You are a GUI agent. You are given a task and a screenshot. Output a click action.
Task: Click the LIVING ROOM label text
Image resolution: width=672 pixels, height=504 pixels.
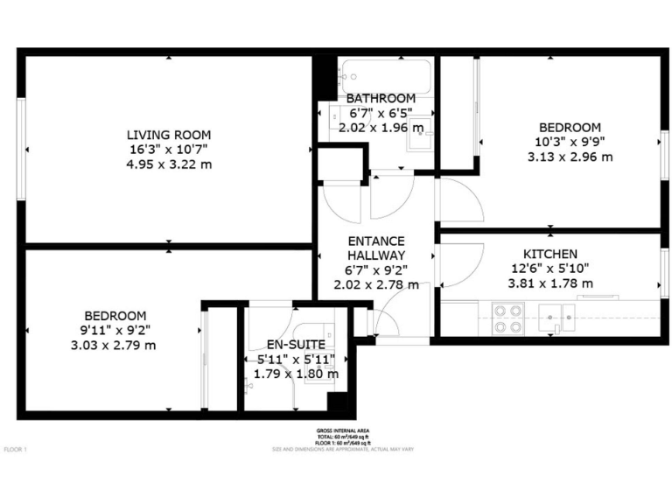pyautogui.click(x=168, y=135)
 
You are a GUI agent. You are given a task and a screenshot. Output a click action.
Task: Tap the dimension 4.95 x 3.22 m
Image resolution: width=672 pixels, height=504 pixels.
pyautogui.click(x=168, y=163)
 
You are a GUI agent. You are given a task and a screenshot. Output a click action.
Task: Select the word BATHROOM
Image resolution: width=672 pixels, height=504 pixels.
pyautogui.click(x=380, y=98)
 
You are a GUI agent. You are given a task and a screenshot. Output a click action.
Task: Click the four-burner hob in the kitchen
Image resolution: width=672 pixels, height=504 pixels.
pyautogui.click(x=507, y=318)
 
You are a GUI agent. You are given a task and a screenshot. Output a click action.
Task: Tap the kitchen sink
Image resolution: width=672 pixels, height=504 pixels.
pyautogui.click(x=556, y=316)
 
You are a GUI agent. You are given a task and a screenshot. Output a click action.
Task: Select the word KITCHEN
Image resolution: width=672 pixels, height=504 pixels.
pyautogui.click(x=549, y=254)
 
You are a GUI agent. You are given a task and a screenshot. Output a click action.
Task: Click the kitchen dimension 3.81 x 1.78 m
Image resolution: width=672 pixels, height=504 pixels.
pyautogui.click(x=549, y=283)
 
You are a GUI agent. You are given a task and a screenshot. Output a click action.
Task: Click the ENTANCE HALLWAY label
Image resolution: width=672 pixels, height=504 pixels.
pyautogui.click(x=375, y=248)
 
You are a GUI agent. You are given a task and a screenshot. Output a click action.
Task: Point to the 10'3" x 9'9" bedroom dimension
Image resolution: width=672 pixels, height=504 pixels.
pyautogui.click(x=570, y=142)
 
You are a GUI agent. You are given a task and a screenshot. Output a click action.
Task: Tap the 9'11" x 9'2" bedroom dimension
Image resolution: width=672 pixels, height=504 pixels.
pyautogui.click(x=115, y=330)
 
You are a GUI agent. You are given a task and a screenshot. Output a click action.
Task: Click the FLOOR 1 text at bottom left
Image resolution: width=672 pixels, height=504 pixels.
pyautogui.click(x=16, y=450)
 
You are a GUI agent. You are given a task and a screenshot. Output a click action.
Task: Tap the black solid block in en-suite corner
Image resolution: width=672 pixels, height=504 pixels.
pyautogui.click(x=337, y=402)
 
